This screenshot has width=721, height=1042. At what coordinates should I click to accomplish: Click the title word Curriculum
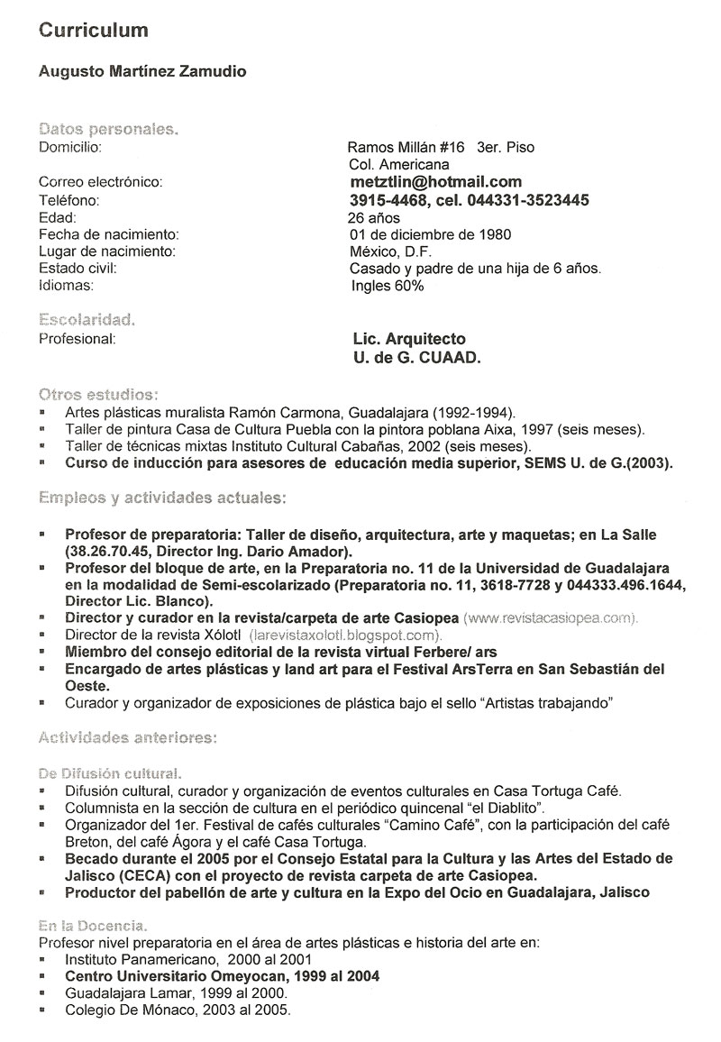93,31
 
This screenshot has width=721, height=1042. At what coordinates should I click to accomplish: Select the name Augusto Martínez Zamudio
141,71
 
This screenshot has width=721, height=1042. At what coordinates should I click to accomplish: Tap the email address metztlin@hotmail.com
435,182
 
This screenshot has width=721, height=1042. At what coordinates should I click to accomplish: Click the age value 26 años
373,217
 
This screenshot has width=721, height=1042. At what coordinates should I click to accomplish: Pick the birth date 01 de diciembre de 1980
430,234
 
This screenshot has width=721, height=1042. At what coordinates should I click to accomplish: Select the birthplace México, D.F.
388,251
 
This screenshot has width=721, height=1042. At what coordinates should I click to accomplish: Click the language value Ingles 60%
388,286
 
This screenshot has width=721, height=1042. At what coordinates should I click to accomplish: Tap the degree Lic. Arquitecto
410,339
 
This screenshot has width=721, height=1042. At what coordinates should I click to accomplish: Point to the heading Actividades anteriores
127,738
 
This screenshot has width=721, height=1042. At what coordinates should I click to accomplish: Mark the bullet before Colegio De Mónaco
44,1011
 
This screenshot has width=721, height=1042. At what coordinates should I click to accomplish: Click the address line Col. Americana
398,165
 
